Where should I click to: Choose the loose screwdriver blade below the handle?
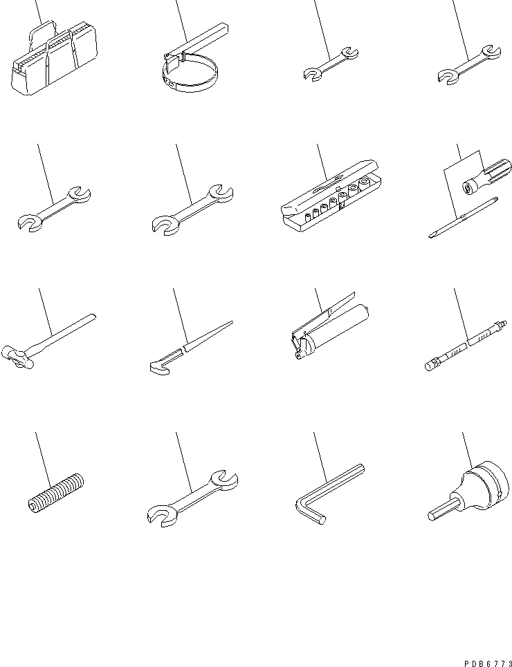point(464,218)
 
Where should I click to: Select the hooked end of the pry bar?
point(161,362)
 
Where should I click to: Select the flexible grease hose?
point(464,343)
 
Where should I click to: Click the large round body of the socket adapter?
point(481,484)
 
